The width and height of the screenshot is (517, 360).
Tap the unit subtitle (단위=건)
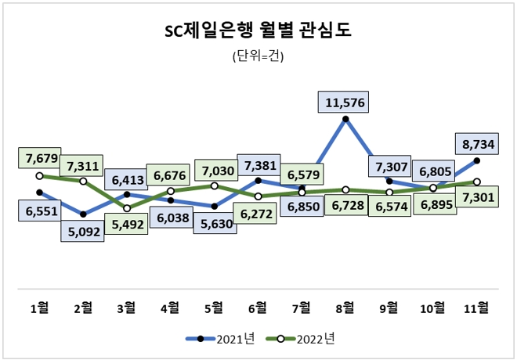258,56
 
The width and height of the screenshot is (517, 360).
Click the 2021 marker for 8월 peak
345,120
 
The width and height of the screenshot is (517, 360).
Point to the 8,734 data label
476,143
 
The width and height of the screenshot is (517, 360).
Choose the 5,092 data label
82,232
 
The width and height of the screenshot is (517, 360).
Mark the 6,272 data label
258,213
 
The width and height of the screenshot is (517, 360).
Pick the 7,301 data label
477,199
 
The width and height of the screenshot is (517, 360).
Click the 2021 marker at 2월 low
83,214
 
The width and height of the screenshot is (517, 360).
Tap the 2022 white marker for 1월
39,176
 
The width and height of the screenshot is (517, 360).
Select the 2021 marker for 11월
477,161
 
